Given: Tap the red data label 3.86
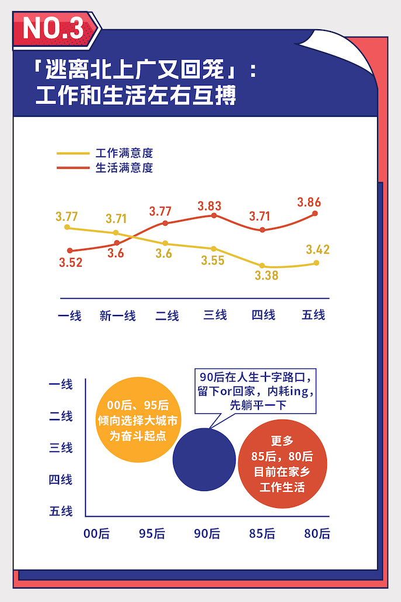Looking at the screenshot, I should point(309,203).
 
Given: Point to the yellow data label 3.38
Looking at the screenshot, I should point(267,276).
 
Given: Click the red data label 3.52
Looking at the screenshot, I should point(71,262).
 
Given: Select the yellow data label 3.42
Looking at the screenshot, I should point(317,250).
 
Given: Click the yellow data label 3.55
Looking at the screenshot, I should point(213,261).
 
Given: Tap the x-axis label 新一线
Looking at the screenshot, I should point(117,316).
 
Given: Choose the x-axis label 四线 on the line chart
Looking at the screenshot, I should point(263,315).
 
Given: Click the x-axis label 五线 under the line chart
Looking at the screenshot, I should point(313,315).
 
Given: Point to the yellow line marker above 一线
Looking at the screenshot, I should point(67,227).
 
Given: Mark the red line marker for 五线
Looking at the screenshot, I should point(316,213).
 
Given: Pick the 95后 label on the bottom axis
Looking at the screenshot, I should point(152,533).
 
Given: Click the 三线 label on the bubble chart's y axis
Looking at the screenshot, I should point(61,448).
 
